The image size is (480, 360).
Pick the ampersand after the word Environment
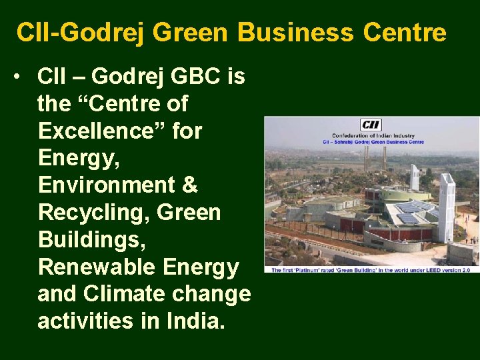tap(190, 185)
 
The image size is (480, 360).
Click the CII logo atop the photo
tap(371, 125)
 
